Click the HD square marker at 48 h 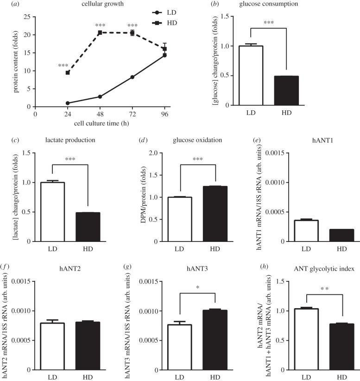[100, 32]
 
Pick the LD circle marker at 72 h [133, 77]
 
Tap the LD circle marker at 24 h [68, 103]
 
